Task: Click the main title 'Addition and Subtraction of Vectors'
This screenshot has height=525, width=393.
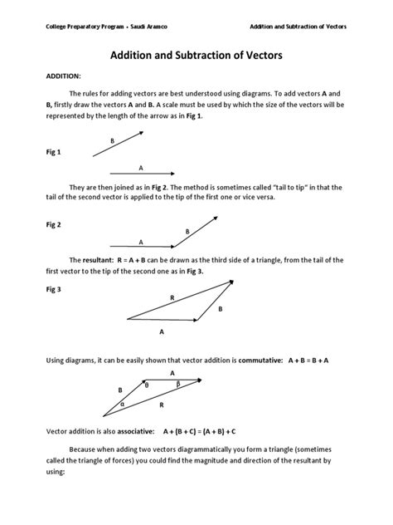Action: (x=196, y=56)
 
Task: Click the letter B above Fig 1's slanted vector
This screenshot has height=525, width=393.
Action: (x=112, y=141)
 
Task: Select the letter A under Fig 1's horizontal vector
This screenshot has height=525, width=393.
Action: (x=141, y=166)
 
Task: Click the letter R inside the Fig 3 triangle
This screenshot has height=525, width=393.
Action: (x=172, y=297)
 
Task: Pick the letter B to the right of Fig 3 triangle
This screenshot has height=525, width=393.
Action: (x=221, y=308)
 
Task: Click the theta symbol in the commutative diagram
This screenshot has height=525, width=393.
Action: (x=147, y=385)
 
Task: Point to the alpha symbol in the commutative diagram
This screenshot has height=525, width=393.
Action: (x=122, y=405)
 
